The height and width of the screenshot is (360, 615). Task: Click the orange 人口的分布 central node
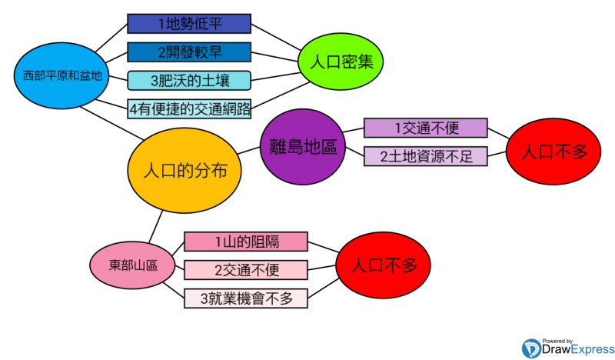click(185, 171)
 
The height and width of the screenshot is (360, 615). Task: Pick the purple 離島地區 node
click(304, 146)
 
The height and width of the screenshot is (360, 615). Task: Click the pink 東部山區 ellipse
click(133, 265)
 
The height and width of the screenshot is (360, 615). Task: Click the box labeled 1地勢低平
click(189, 24)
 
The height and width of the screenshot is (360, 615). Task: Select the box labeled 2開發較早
click(189, 52)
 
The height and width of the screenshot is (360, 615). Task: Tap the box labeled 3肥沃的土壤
click(189, 80)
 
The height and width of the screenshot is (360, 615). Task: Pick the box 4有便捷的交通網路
click(189, 108)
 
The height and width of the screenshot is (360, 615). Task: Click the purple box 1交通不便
click(425, 128)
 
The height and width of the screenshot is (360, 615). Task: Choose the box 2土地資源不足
click(425, 156)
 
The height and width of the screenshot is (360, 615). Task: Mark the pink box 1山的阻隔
click(246, 242)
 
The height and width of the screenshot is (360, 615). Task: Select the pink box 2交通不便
click(246, 270)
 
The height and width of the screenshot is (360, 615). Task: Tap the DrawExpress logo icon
click(531, 348)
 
